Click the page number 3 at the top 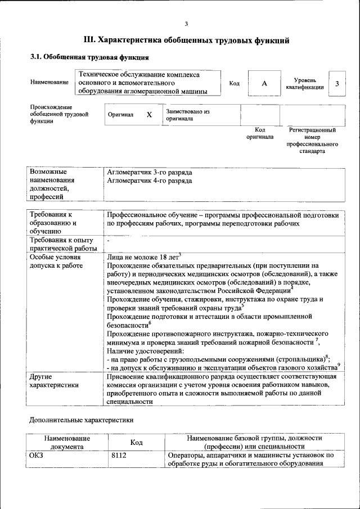186,23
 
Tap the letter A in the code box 264,83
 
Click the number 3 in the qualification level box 336,83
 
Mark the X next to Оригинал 149,115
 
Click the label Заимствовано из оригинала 187,115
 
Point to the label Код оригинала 260,133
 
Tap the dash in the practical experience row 108,241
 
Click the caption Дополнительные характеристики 81,420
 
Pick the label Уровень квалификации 304,84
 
